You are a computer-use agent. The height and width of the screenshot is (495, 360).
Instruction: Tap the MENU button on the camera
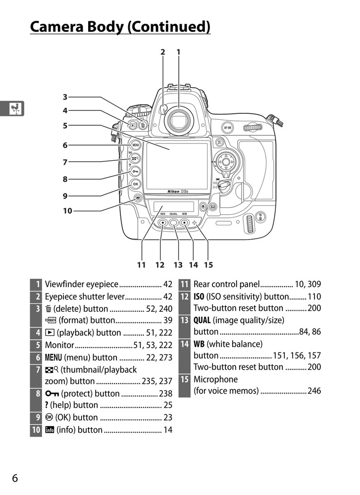click(135, 146)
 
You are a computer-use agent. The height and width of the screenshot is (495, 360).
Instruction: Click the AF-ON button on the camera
click(227, 126)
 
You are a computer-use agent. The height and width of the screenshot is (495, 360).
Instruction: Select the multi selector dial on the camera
click(226, 161)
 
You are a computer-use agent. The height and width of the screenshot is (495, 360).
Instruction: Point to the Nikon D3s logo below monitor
click(177, 191)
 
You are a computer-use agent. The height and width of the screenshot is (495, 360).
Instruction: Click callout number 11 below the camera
click(142, 265)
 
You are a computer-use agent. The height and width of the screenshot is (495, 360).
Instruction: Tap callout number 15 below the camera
click(208, 265)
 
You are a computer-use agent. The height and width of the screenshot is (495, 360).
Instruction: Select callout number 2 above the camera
click(162, 51)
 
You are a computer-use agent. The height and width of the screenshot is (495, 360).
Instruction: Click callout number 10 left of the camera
click(67, 211)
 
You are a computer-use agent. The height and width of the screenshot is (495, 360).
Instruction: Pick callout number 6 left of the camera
click(65, 146)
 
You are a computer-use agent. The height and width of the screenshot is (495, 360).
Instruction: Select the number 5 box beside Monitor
click(36, 345)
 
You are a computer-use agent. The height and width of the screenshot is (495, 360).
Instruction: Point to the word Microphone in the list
click(215, 379)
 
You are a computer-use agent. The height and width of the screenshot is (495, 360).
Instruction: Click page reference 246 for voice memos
click(314, 391)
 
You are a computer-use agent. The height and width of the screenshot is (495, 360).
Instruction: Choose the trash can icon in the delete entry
click(48, 309)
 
